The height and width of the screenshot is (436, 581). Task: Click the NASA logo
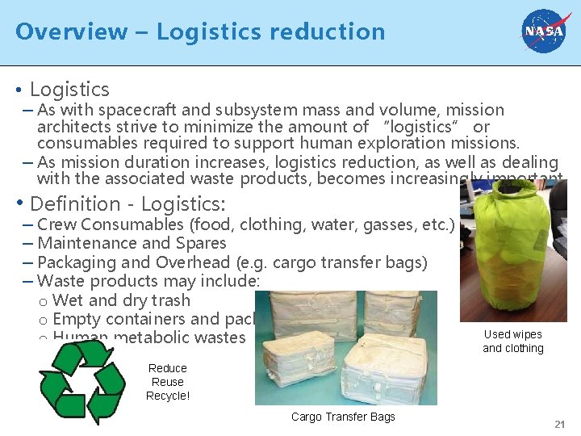click(x=545, y=31)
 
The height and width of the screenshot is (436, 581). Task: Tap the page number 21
click(x=559, y=425)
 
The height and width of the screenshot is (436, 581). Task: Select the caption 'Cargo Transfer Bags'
click(x=343, y=417)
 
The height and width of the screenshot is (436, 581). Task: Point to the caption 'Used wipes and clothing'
click(x=512, y=342)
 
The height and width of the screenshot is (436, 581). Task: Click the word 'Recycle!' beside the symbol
click(x=168, y=396)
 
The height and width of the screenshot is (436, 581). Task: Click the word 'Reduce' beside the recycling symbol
click(x=168, y=368)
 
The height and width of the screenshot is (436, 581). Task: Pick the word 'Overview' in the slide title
click(x=71, y=31)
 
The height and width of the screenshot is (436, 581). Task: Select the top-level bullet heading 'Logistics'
click(x=69, y=90)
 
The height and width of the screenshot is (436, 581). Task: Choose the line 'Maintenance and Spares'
click(x=132, y=243)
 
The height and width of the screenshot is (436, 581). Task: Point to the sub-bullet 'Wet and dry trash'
click(x=121, y=300)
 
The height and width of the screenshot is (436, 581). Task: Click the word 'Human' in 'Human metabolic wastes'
click(x=77, y=337)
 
